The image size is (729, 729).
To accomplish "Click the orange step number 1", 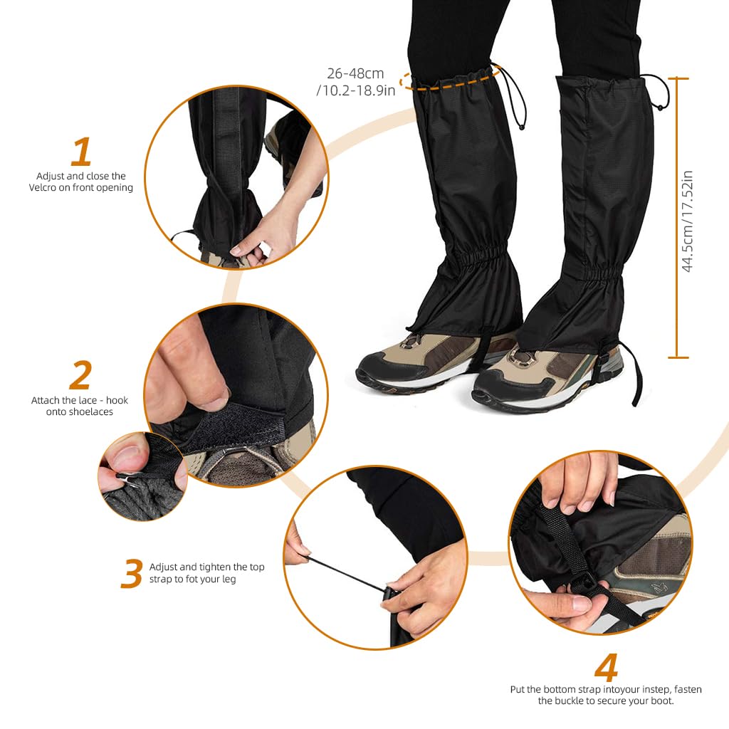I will (82, 152).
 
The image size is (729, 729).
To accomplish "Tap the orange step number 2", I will (80, 376).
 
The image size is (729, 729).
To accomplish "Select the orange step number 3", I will (131, 574).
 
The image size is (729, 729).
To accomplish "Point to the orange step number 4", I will (606, 667).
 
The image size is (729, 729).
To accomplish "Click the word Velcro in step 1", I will (53, 188).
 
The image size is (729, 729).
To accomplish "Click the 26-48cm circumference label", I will (355, 73).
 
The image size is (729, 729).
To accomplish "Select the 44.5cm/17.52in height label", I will (688, 221).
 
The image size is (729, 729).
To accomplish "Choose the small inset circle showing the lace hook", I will (142, 476).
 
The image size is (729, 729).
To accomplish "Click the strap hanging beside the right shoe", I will (635, 374).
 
